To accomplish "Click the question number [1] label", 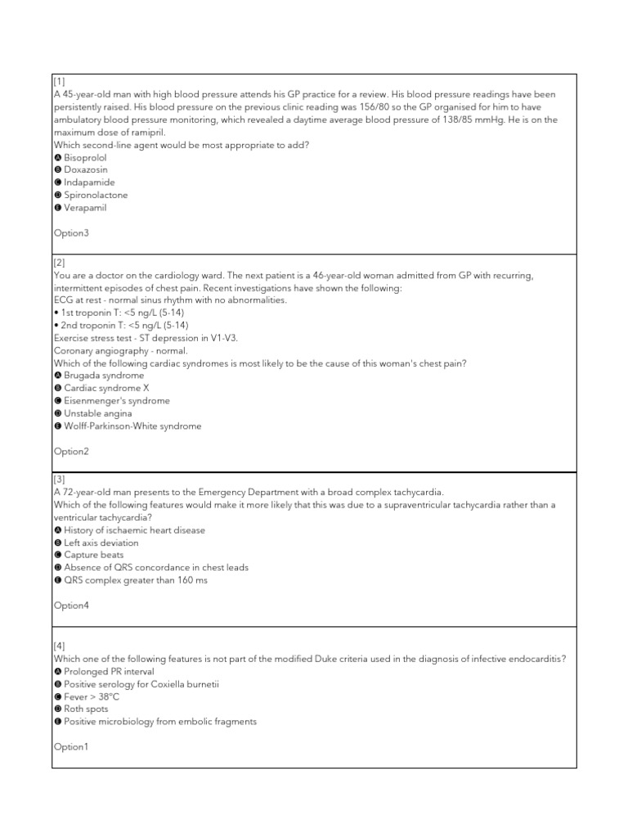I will pos(60,82).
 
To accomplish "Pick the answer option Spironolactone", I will pos(95,195).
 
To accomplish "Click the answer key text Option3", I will pos(70,233).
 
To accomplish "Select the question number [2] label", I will pos(60,263).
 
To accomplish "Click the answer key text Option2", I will pos(70,451).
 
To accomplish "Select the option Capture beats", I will pos(95,555).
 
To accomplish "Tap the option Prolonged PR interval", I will pos(105,671).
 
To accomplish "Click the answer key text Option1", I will pos(70,746).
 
